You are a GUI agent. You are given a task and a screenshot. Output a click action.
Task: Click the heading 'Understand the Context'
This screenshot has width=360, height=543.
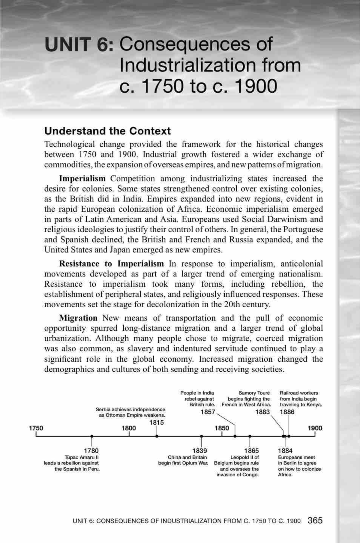coord(107,131)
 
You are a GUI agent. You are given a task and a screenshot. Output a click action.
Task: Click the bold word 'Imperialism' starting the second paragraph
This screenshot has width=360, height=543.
coord(82,179)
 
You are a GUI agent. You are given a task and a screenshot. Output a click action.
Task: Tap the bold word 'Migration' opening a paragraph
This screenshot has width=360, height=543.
coord(78,318)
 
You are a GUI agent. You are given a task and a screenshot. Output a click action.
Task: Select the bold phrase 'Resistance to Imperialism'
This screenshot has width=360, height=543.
coord(111,264)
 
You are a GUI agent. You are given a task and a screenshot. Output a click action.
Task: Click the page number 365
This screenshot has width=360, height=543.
coord(315,520)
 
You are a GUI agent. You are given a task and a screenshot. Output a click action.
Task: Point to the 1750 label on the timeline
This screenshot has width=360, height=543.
coord(36,428)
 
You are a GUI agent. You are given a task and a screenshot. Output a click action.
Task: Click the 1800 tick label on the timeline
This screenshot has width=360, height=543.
coord(129,428)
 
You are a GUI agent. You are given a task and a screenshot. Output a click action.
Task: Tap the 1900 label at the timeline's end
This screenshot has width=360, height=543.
coord(315,428)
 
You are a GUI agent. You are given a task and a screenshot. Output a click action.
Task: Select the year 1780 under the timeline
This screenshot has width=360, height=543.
coord(91,451)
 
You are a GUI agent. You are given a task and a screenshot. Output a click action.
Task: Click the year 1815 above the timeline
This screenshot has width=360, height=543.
coord(157,422)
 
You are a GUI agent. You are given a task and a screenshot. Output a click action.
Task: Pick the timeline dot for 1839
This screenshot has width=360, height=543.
coord(201,436)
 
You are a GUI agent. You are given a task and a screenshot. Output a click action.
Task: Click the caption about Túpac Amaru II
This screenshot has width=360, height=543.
coord(72,463)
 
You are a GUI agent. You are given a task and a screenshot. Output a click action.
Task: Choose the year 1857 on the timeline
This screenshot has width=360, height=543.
coord(208,412)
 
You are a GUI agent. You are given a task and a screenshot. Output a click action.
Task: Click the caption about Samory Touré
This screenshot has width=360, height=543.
coord(247,399)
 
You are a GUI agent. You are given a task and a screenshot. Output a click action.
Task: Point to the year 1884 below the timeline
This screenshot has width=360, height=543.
coord(285,451)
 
